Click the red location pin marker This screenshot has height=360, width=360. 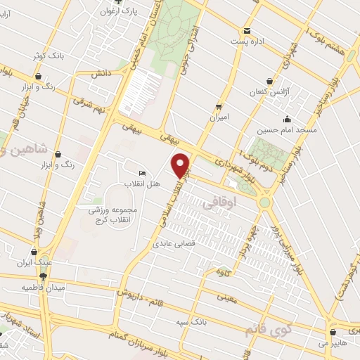click(181, 165)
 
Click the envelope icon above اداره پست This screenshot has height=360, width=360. click(247, 30)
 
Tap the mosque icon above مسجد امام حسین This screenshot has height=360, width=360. click(287, 119)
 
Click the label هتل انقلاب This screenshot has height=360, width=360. click(143, 184)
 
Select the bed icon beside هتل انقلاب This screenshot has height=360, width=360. click(143, 174)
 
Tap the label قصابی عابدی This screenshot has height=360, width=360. click(177, 245)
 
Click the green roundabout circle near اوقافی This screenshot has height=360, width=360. click(266, 202)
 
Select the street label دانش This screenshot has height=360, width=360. click(100, 73)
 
